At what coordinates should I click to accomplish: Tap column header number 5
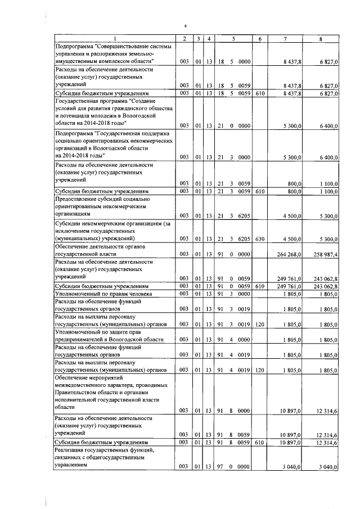click(x=233, y=38)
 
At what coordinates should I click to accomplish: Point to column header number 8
click(x=320, y=38)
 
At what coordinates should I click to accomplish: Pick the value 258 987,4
click(x=325, y=255)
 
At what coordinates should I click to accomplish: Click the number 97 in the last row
click(x=221, y=467)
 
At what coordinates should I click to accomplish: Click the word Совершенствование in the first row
click(x=127, y=45)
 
